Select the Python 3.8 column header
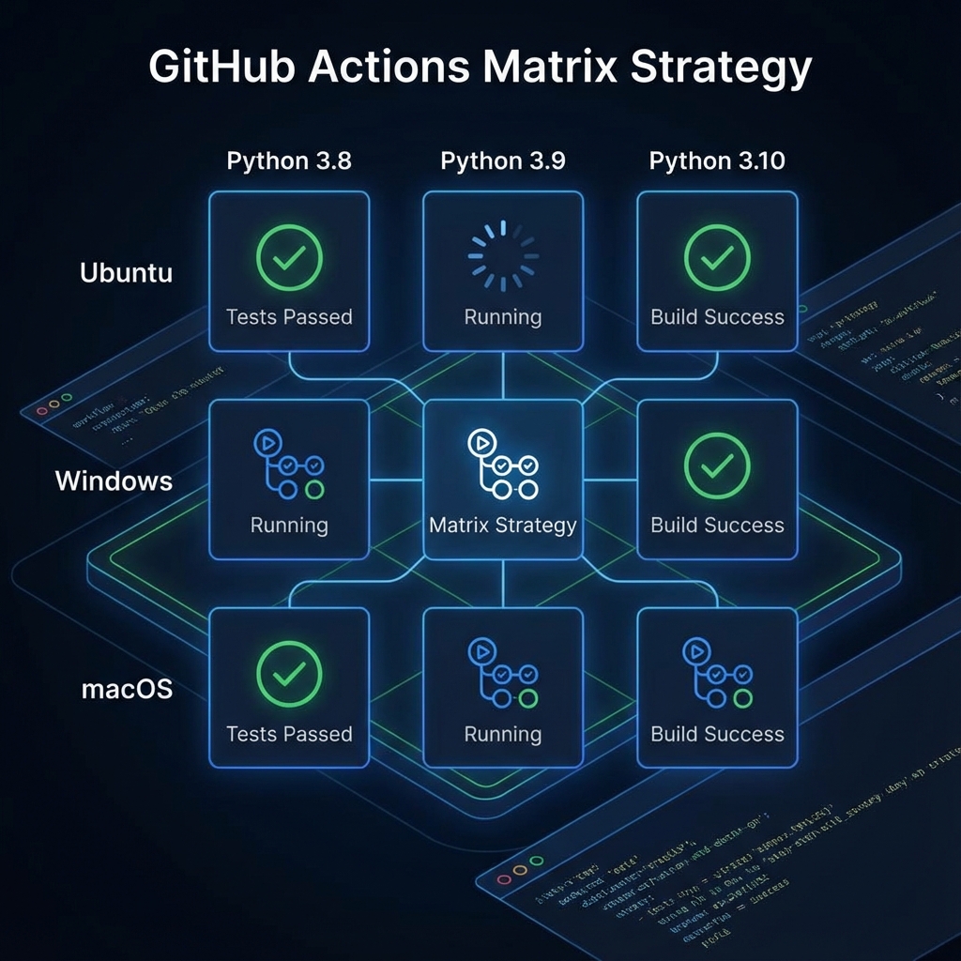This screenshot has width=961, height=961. click(x=289, y=160)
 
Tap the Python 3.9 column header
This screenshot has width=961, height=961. click(x=503, y=160)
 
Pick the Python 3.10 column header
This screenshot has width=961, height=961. click(x=717, y=160)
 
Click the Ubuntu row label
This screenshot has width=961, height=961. click(x=126, y=273)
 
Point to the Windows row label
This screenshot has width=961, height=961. click(x=114, y=481)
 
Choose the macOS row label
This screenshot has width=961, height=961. click(x=127, y=690)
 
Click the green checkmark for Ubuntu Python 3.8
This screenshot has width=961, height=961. click(x=289, y=255)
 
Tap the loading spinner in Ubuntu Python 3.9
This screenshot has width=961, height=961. click(x=503, y=255)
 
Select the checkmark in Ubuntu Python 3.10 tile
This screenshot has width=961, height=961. click(x=717, y=255)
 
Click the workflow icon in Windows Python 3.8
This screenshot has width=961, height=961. click(x=289, y=464)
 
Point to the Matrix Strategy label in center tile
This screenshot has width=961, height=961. click(x=503, y=526)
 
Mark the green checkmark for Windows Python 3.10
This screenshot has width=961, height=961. click(x=717, y=464)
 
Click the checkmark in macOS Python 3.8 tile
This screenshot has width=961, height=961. click(x=289, y=672)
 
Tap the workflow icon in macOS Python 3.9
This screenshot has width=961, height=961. click(x=503, y=672)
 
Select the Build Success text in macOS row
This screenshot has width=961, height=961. click(x=717, y=734)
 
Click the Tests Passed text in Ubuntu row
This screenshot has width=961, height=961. click(x=289, y=317)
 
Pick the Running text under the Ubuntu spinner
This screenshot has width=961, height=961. click(x=503, y=317)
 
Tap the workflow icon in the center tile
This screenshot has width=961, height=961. click(x=503, y=464)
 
